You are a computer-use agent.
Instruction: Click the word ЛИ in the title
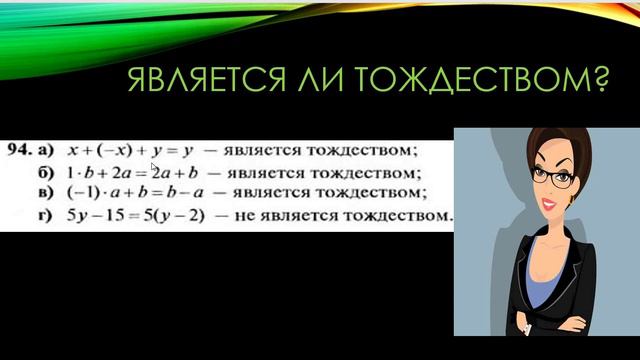pos(331,83)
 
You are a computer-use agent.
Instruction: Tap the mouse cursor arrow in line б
pos(155,169)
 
